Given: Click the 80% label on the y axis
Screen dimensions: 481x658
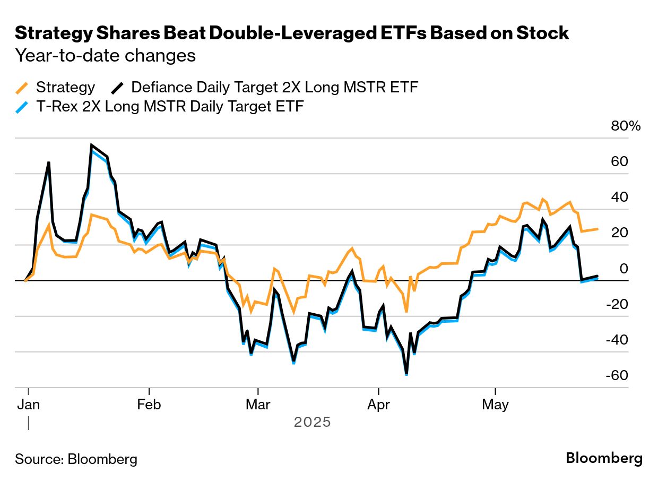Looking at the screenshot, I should [626, 126].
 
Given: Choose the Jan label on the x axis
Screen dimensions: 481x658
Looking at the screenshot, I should [28, 405].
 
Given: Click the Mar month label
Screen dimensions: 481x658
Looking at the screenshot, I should [258, 405].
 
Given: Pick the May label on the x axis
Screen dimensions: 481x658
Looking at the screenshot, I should [495, 405].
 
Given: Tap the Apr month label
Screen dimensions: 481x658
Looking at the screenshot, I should [378, 405].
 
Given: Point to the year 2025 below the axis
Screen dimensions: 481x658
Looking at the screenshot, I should [312, 423].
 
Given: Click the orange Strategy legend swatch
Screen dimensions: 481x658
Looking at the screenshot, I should [22, 88].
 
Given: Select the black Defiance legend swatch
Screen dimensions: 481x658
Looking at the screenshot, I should [117, 88].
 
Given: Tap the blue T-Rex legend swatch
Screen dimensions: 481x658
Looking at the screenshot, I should [22, 107].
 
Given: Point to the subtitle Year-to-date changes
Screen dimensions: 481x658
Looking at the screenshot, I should [106, 55].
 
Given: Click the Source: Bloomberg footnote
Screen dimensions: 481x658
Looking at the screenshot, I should [76, 459].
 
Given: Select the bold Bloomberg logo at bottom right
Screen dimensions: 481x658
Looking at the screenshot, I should [604, 458].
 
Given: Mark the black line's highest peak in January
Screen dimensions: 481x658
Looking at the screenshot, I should [92, 145].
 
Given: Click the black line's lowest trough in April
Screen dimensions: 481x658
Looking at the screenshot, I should [406, 374].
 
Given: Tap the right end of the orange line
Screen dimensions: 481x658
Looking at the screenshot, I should [598, 229].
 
